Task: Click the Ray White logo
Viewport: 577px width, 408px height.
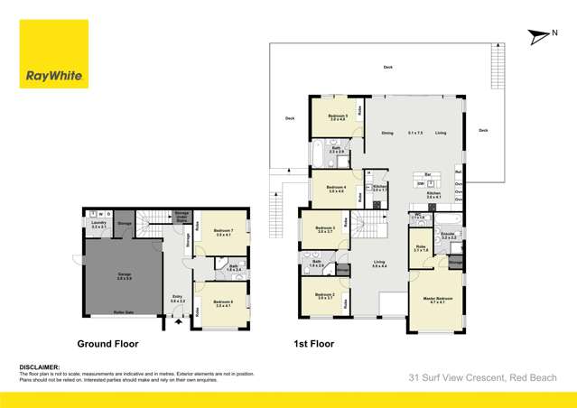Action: [53, 54]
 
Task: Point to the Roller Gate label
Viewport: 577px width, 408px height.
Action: [124, 311]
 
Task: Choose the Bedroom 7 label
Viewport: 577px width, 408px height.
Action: [224, 232]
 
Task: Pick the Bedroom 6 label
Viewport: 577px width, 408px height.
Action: [223, 303]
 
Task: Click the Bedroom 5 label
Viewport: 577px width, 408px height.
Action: [337, 116]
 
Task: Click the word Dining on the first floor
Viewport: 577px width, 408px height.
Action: [386, 133]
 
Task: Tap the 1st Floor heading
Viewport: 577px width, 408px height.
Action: [313, 344]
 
